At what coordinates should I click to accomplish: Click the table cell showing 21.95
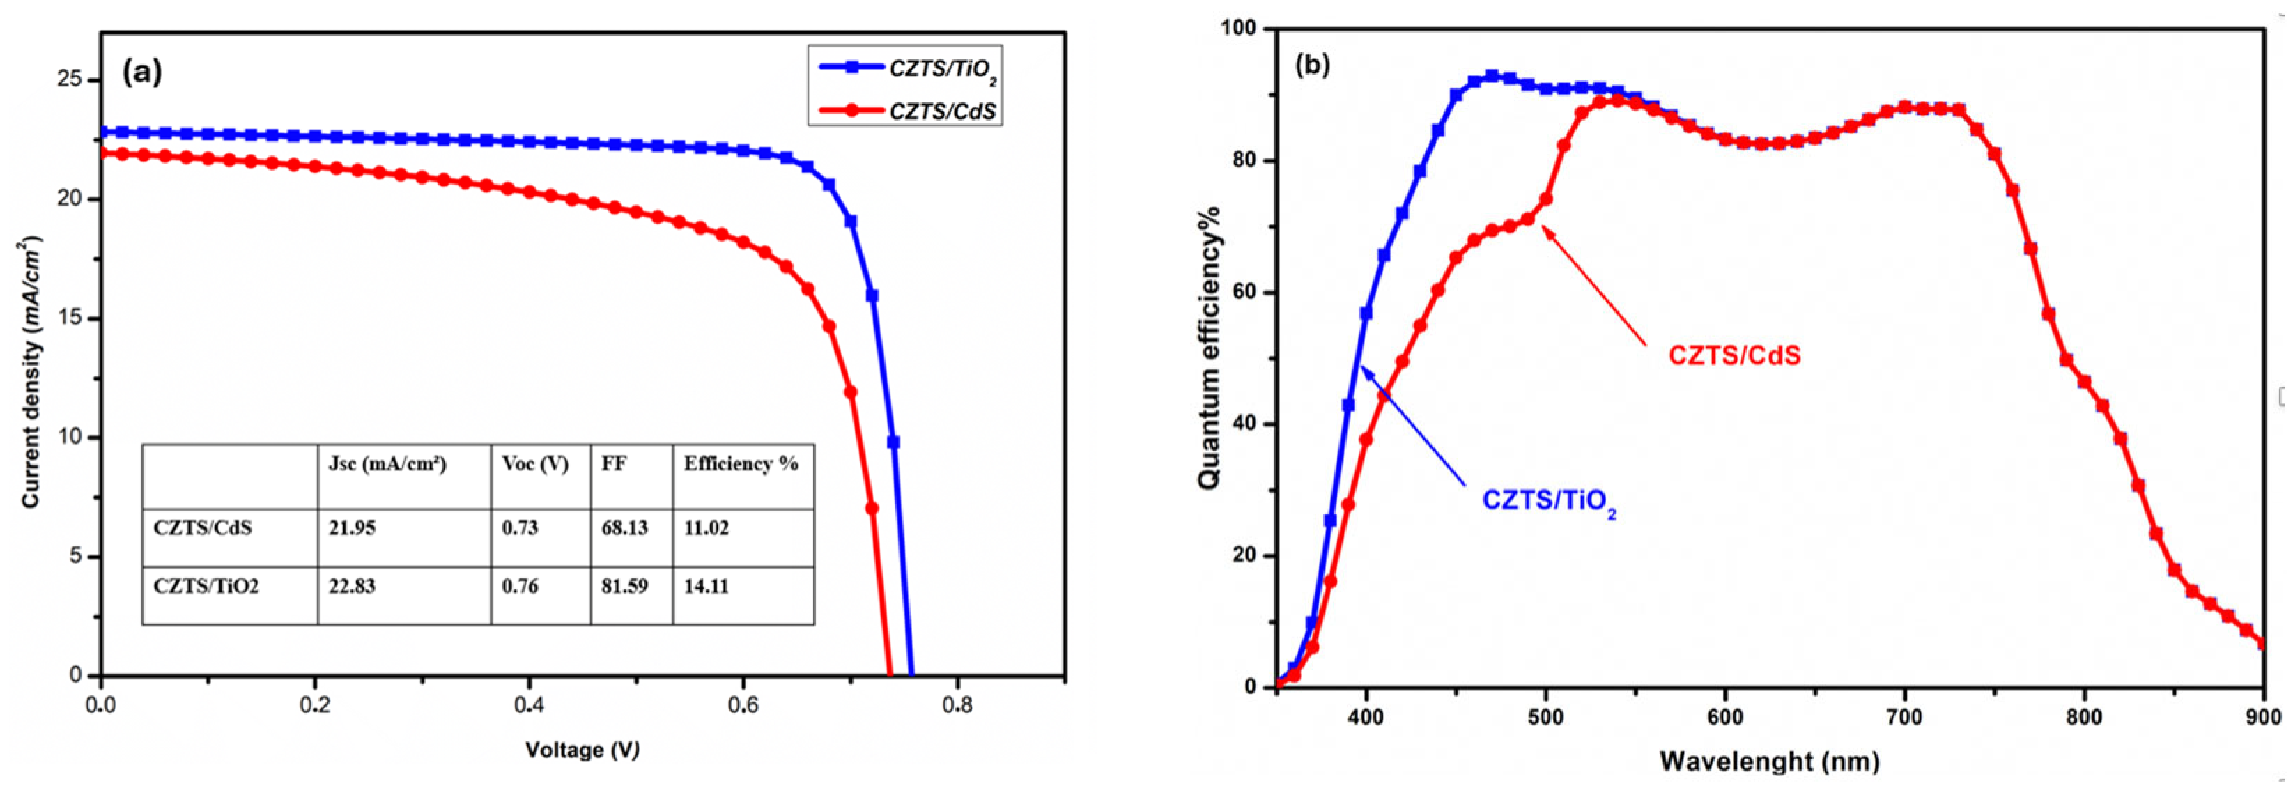[x=352, y=528]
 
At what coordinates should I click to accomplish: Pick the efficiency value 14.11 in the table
[x=706, y=587]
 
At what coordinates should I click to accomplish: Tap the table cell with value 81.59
[x=624, y=587]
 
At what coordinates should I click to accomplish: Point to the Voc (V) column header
[x=535, y=464]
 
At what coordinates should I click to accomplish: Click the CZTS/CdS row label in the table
[x=203, y=528]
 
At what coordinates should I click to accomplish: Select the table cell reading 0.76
[x=520, y=587]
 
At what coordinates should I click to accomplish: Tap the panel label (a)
[x=142, y=72]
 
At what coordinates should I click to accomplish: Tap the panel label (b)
[x=1312, y=65]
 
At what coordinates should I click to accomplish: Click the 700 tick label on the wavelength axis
[x=1905, y=718]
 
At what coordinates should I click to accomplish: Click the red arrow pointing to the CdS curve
[x=1593, y=285]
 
